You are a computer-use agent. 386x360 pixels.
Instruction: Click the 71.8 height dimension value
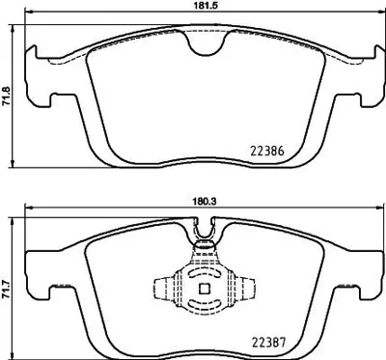(9, 97)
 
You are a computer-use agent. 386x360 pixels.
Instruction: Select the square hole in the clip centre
(203, 287)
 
